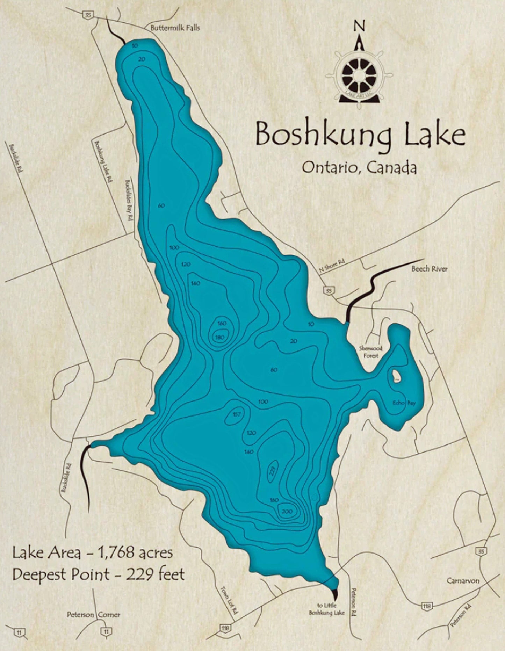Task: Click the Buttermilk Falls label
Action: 175,28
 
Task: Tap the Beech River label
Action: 429,269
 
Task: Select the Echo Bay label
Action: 404,403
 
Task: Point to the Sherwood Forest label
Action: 370,352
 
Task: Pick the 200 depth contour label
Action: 287,512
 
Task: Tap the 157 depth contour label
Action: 237,414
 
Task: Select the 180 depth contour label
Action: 220,337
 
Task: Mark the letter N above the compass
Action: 359,26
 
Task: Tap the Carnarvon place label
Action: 463,581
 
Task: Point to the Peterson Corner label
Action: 94,615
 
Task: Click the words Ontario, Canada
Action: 359,168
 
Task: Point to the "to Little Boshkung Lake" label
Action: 326,609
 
